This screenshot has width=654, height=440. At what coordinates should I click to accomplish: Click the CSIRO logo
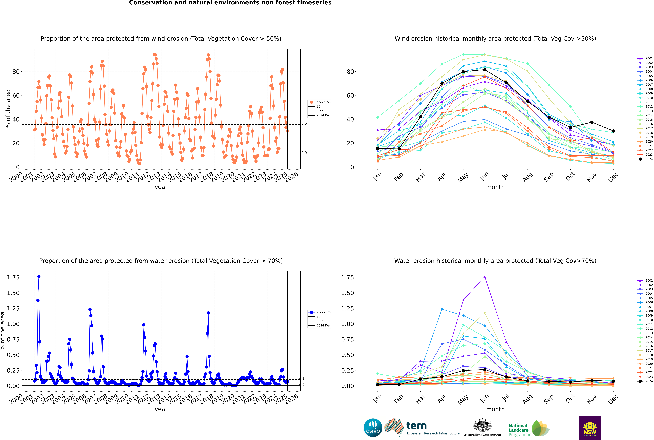point(373,428)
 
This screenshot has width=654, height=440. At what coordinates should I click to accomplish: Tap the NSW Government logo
point(590,428)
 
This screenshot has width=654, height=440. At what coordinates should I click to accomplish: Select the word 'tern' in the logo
point(417,426)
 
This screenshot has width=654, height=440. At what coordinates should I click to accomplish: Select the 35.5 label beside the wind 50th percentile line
point(303,123)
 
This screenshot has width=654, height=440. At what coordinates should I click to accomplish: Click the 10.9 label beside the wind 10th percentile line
point(303,153)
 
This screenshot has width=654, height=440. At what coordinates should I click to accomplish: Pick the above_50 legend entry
point(323,102)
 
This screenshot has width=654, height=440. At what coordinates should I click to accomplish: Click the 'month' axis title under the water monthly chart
point(495,409)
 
